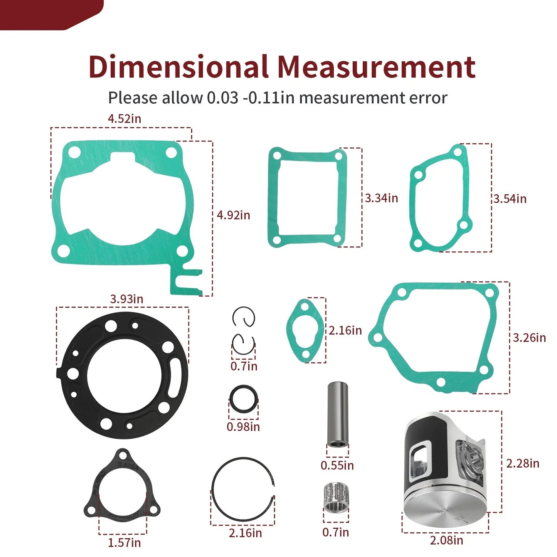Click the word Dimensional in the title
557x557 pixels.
(x=178, y=67)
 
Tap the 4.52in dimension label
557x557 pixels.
(x=124, y=119)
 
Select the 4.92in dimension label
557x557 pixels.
(x=233, y=215)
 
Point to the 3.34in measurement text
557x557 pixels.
(x=381, y=198)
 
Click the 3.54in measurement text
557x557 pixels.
(x=510, y=199)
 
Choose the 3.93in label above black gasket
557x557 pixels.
(x=126, y=299)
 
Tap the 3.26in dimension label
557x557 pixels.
(x=529, y=338)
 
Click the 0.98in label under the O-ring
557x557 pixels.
(x=243, y=427)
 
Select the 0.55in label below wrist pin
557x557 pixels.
(x=337, y=465)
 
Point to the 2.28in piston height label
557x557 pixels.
(x=523, y=463)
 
